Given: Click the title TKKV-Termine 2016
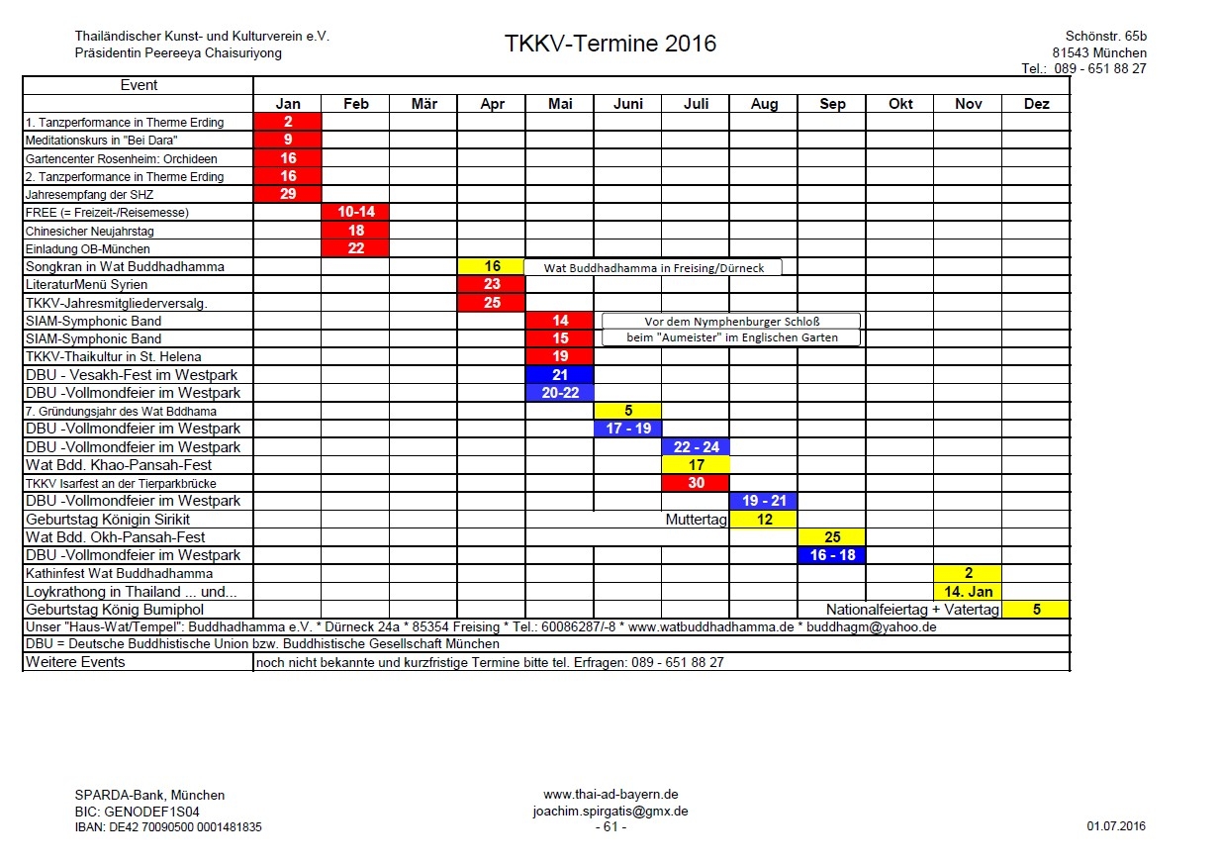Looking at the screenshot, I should click(x=610, y=44).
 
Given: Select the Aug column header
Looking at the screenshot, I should click(x=764, y=104).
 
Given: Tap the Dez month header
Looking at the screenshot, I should click(x=1036, y=104).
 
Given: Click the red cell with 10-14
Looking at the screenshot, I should click(x=356, y=212).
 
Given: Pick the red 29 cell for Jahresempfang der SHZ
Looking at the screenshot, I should click(x=288, y=194).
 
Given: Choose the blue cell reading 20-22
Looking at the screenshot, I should click(x=560, y=393).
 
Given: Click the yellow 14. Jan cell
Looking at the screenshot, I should click(x=968, y=592).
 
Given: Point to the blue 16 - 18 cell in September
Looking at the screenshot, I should click(x=832, y=555).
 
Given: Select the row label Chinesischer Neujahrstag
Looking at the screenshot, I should click(x=90, y=231).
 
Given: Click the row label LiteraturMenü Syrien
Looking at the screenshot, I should click(x=86, y=284).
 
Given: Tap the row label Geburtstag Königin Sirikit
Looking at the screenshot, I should click(x=108, y=520).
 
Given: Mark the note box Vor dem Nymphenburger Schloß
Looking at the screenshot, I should click(x=731, y=321).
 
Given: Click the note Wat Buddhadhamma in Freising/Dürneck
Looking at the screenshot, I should click(x=652, y=267).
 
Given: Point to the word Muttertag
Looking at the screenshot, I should click(x=697, y=520).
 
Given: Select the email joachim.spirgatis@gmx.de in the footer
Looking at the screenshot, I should click(x=610, y=811).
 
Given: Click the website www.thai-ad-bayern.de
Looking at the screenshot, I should click(x=610, y=795).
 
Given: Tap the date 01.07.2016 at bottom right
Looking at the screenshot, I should click(x=1115, y=826).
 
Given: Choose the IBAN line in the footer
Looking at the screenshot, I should click(x=168, y=826).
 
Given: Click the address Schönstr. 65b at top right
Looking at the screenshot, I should click(x=1106, y=37).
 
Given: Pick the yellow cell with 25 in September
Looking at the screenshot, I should click(x=832, y=537).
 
